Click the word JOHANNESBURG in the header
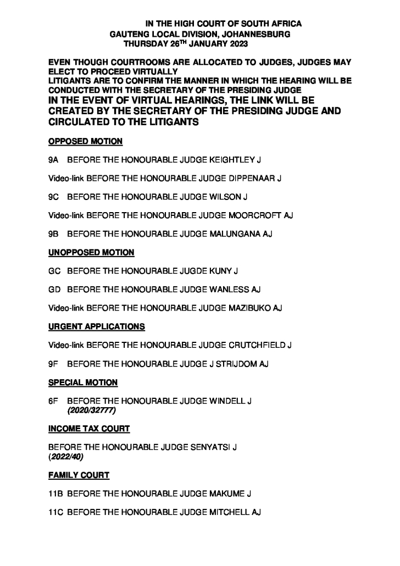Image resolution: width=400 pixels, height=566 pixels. tap(259, 34)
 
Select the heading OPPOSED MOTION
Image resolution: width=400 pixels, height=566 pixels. tap(85, 142)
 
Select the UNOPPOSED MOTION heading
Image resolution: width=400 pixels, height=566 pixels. tap(91, 252)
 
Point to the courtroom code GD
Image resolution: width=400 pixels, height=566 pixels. tap(54, 289)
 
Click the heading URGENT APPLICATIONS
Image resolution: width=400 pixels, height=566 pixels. tap(97, 326)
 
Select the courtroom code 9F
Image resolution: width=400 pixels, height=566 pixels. tap(53, 363)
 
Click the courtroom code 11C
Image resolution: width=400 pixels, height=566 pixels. tap(56, 512)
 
